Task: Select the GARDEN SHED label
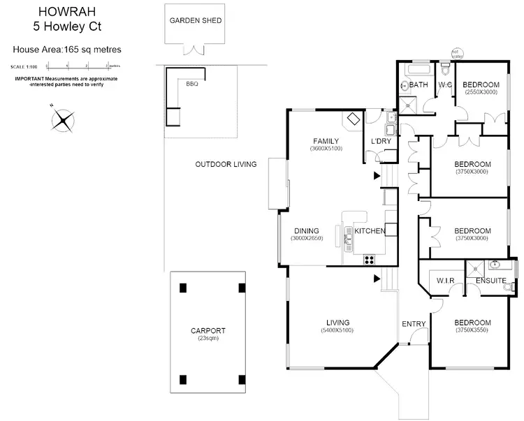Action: pos(196,20)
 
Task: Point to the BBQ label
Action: pos(192,84)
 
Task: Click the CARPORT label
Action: pos(208,331)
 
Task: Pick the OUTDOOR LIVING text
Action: pos(226,165)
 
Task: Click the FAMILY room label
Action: pos(326,140)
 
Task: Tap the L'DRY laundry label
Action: pos(381,142)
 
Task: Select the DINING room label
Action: pos(307,231)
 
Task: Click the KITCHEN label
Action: pos(370,231)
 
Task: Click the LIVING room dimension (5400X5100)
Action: pos(337,330)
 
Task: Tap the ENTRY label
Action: pos(414,323)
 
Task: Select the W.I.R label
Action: pos(446,281)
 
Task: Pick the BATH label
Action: pos(419,85)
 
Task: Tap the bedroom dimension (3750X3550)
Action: pos(472,330)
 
